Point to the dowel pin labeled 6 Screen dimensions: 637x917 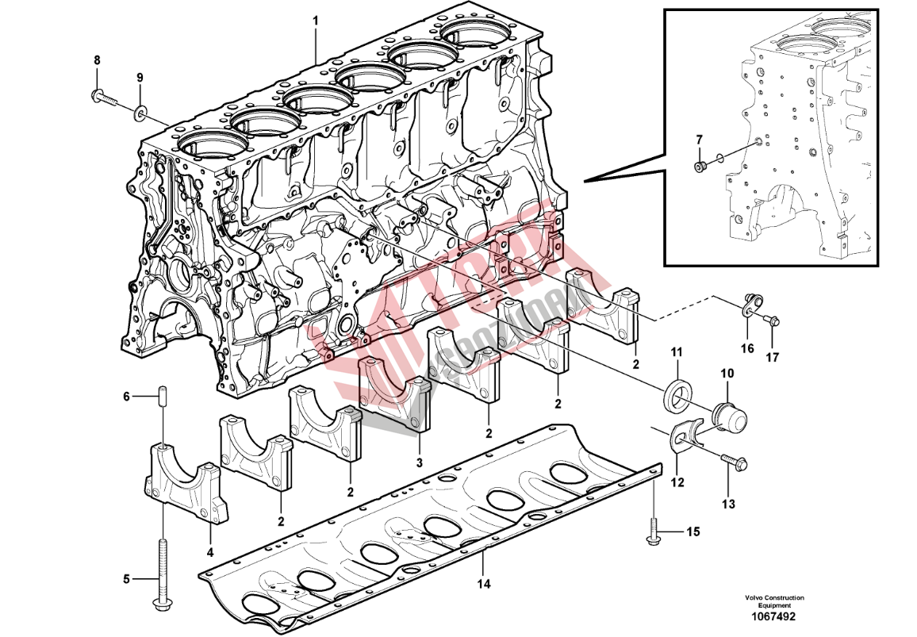pyautogui.click(x=163, y=395)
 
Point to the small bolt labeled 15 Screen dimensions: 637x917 pyautogui.click(x=653, y=532)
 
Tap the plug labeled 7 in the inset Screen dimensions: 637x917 pyautogui.click(x=699, y=166)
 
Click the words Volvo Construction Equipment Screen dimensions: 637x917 pyautogui.click(x=774, y=601)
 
